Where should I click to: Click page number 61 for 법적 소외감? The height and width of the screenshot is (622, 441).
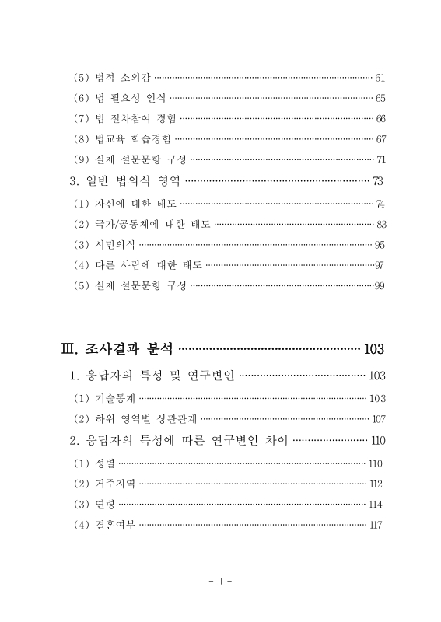click(380, 78)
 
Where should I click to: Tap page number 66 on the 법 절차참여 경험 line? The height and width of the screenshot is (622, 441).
click(380, 119)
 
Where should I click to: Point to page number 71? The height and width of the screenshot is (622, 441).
click(380, 161)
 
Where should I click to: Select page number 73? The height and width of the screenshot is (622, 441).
click(378, 183)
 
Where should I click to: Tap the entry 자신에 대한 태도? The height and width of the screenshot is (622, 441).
click(135, 204)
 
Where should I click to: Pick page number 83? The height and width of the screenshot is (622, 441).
click(380, 225)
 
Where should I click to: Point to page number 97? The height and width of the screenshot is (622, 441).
click(380, 265)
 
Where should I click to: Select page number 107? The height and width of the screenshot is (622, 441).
click(377, 419)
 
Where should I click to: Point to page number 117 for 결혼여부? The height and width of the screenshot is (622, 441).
click(376, 525)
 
